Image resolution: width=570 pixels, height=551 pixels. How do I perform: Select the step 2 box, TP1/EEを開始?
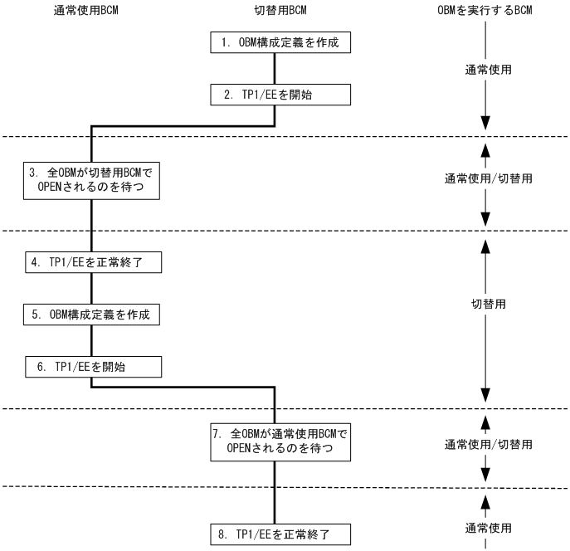[274, 95]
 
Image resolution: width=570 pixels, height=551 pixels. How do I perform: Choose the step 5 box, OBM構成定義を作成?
[91, 315]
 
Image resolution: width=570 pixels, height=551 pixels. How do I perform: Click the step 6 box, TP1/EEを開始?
[91, 367]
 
